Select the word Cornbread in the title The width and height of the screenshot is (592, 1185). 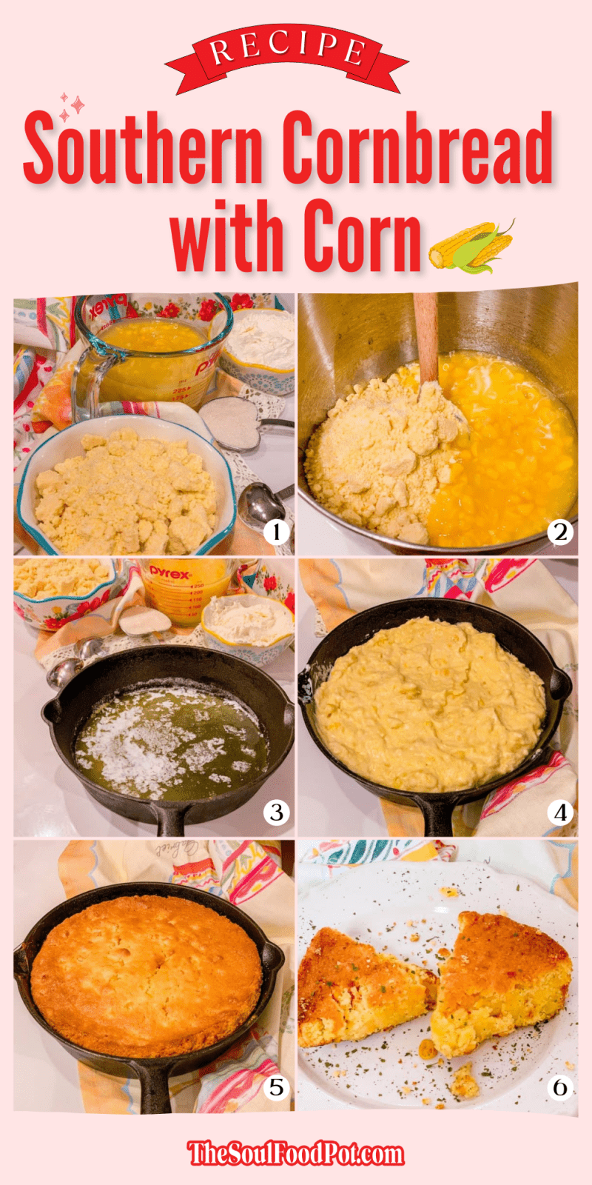click(417, 148)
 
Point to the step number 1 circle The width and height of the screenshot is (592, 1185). click(276, 531)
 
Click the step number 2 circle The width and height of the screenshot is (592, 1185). click(559, 531)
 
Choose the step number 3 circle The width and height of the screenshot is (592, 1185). click(276, 812)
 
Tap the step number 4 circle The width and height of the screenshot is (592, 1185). click(559, 812)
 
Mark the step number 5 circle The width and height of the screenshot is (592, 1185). click(276, 1086)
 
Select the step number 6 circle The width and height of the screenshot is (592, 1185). click(559, 1086)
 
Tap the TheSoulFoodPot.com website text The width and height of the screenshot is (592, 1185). click(296, 1153)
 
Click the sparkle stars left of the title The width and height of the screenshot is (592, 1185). click(71, 107)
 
